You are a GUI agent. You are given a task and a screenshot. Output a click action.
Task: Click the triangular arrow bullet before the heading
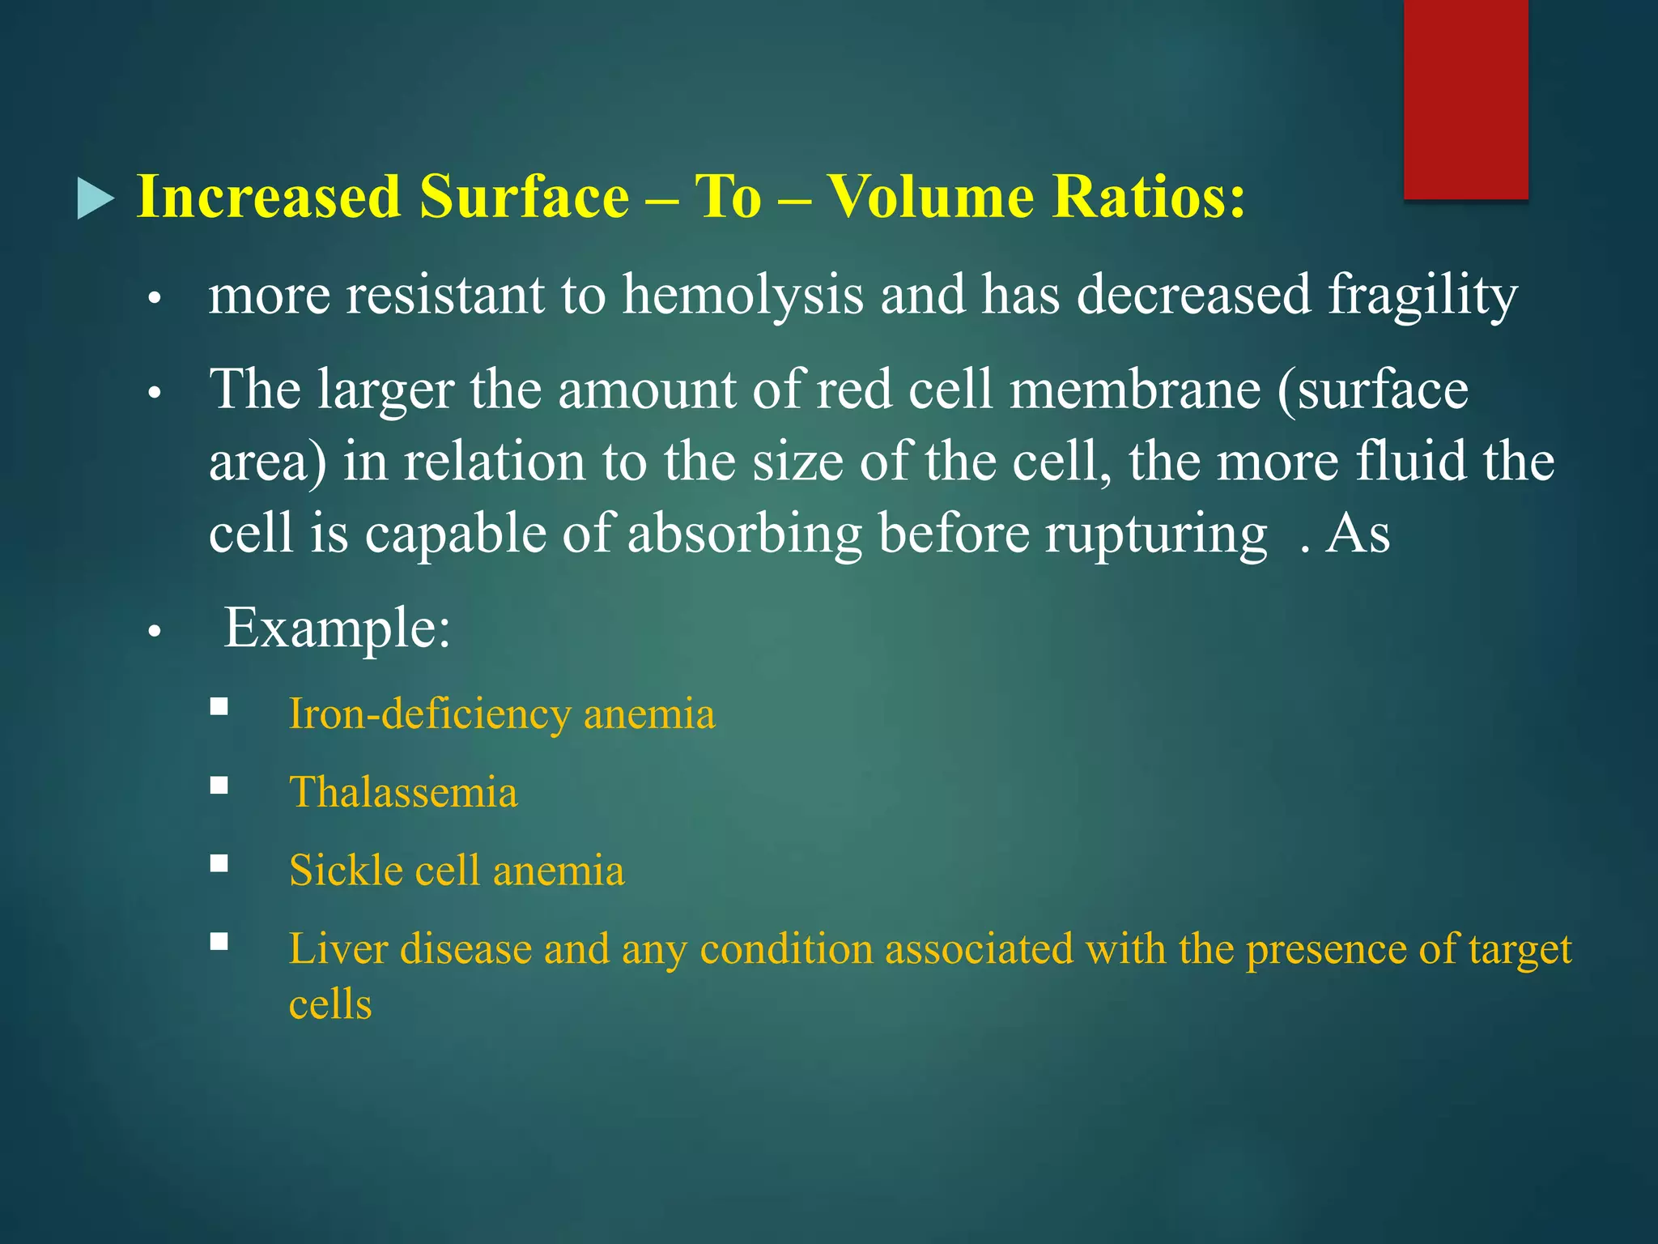96,198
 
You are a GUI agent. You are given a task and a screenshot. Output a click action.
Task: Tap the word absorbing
744,535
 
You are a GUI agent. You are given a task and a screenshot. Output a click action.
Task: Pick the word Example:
337,628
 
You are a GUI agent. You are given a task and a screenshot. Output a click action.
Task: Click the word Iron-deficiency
430,715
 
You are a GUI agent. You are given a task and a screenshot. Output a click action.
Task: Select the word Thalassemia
403,792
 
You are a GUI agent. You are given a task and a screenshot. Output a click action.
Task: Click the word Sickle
346,871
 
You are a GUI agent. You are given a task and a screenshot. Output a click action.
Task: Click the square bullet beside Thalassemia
219,786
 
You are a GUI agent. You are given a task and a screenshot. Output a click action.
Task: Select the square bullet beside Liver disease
219,941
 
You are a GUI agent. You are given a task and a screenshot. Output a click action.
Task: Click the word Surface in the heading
525,197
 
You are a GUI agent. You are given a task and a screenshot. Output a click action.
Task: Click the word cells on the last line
330,1005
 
